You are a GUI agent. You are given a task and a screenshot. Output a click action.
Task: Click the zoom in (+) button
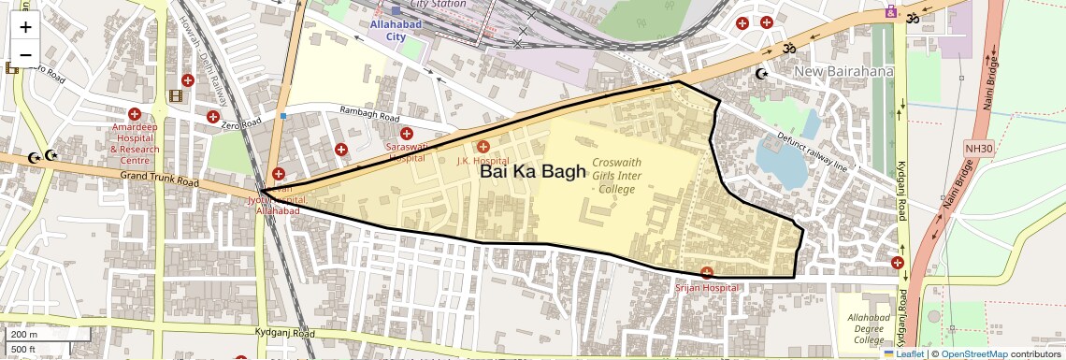click(x=25, y=27)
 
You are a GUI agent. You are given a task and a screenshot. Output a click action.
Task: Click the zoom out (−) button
click(x=25, y=54)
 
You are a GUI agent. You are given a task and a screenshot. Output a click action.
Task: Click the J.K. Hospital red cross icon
click(x=483, y=146)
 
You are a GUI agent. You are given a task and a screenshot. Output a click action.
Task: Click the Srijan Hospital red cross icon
click(x=707, y=273)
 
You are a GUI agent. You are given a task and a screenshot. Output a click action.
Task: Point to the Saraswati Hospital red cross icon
click(x=407, y=134)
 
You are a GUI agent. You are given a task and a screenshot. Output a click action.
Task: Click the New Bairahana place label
click(x=844, y=72)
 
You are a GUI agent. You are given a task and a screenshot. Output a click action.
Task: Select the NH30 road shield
click(x=977, y=148)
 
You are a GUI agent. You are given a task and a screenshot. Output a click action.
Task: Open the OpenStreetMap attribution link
click(x=973, y=353)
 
